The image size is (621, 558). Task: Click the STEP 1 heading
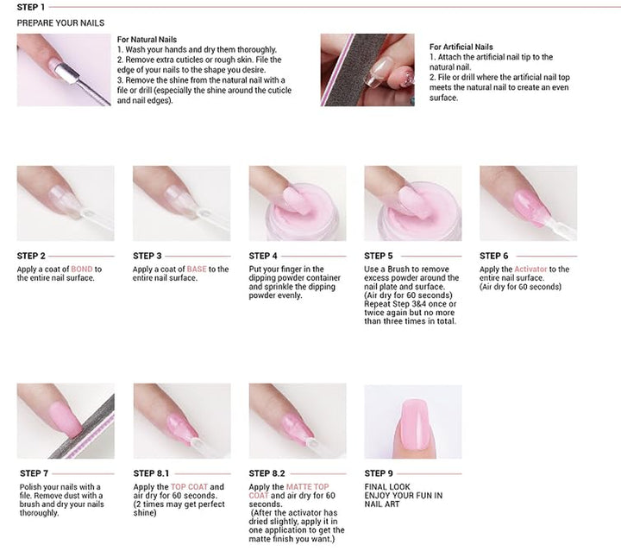pyautogui.click(x=31, y=8)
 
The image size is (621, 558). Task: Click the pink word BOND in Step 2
pyautogui.click(x=82, y=269)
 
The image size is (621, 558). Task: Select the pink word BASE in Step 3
pyautogui.click(x=198, y=269)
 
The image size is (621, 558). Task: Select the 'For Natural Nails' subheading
pyautogui.click(x=147, y=40)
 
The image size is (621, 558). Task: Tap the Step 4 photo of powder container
pyautogui.click(x=297, y=203)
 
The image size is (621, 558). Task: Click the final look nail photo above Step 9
pyautogui.click(x=412, y=422)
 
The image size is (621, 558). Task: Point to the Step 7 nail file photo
pyautogui.click(x=66, y=421)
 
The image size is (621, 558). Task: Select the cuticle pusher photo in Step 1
pyautogui.click(x=64, y=70)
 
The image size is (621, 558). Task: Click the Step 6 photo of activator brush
pyautogui.click(x=528, y=203)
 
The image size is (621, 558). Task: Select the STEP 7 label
pyautogui.click(x=33, y=473)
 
